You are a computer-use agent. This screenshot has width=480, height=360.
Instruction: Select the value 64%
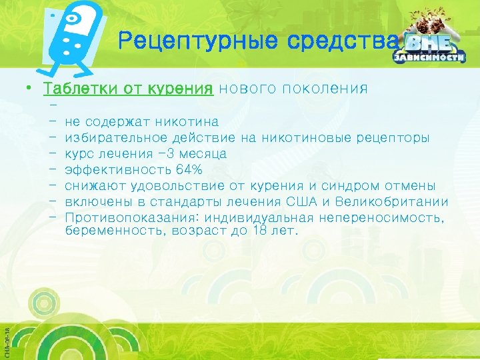[189, 170]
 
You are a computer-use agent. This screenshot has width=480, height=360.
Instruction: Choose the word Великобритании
[392, 202]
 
